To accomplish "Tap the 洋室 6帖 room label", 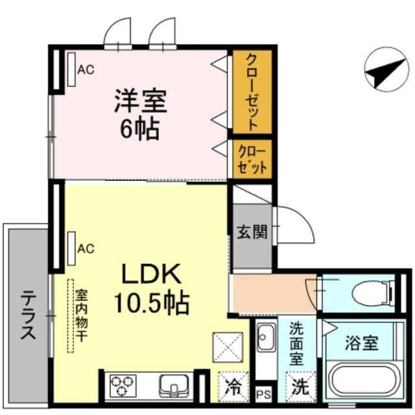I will tap(140, 115).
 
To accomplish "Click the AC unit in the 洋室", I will tap(71, 68).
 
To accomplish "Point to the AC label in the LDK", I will tap(86, 248).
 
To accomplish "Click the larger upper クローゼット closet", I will tap(252, 91).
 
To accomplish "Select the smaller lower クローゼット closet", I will tap(252, 158).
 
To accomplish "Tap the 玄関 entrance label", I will tap(252, 232).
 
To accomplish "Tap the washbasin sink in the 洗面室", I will tap(265, 338).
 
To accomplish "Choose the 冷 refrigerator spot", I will tap(231, 387).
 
